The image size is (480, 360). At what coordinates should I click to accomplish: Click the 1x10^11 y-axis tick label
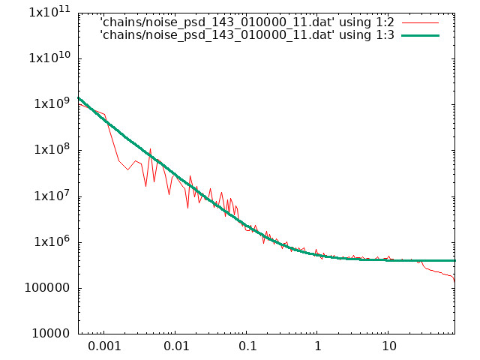[49, 12]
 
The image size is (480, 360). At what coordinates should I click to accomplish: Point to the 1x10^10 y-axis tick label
[49, 57]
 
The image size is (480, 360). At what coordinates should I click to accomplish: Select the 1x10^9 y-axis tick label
[52, 103]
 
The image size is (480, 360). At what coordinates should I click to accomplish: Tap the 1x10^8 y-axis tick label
[52, 149]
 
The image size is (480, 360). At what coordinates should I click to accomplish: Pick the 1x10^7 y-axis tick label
[52, 195]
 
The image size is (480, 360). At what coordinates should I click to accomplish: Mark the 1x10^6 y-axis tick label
[52, 241]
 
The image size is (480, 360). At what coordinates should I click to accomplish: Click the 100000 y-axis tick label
[47, 288]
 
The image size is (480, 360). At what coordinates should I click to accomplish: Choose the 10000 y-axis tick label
[51, 333]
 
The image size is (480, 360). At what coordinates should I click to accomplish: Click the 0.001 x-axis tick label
[104, 346]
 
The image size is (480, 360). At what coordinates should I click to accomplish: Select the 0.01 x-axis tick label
[176, 346]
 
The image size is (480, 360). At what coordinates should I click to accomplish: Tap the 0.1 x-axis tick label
[247, 346]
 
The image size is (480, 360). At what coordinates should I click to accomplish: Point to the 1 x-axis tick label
[318, 346]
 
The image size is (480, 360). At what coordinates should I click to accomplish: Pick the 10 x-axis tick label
[388, 346]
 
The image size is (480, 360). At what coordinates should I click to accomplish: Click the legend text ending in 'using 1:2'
[247, 22]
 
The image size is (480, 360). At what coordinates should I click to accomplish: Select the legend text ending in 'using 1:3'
[247, 35]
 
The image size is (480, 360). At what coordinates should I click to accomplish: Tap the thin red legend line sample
[420, 22]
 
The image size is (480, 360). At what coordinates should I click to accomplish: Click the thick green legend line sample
[420, 35]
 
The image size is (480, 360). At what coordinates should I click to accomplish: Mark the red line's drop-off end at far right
[454, 282]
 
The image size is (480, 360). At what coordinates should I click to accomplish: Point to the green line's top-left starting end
[79, 98]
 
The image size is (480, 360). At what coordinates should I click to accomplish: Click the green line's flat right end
[455, 260]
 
